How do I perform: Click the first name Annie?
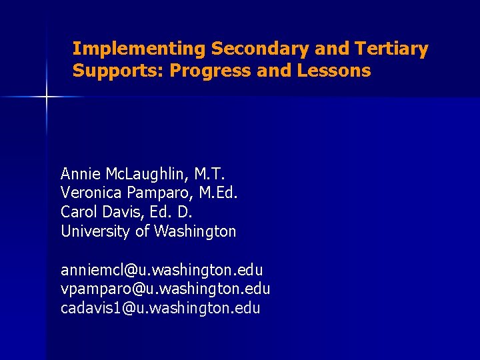(x=80, y=174)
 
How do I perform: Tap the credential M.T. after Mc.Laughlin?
(x=210, y=174)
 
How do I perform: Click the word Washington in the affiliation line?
(x=195, y=231)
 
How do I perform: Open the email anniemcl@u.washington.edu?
(x=162, y=270)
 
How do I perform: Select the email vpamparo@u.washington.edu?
(x=165, y=289)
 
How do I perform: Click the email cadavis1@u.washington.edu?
(x=161, y=308)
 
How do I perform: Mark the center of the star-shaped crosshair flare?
(x=47, y=97)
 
